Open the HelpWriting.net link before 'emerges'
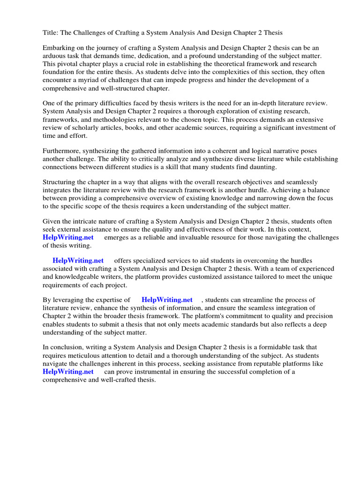pos(68,238)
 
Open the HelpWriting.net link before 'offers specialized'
pos(78,261)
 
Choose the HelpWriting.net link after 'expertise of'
pos(167,300)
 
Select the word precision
pos(313,316)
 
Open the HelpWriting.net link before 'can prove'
pos(68,372)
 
